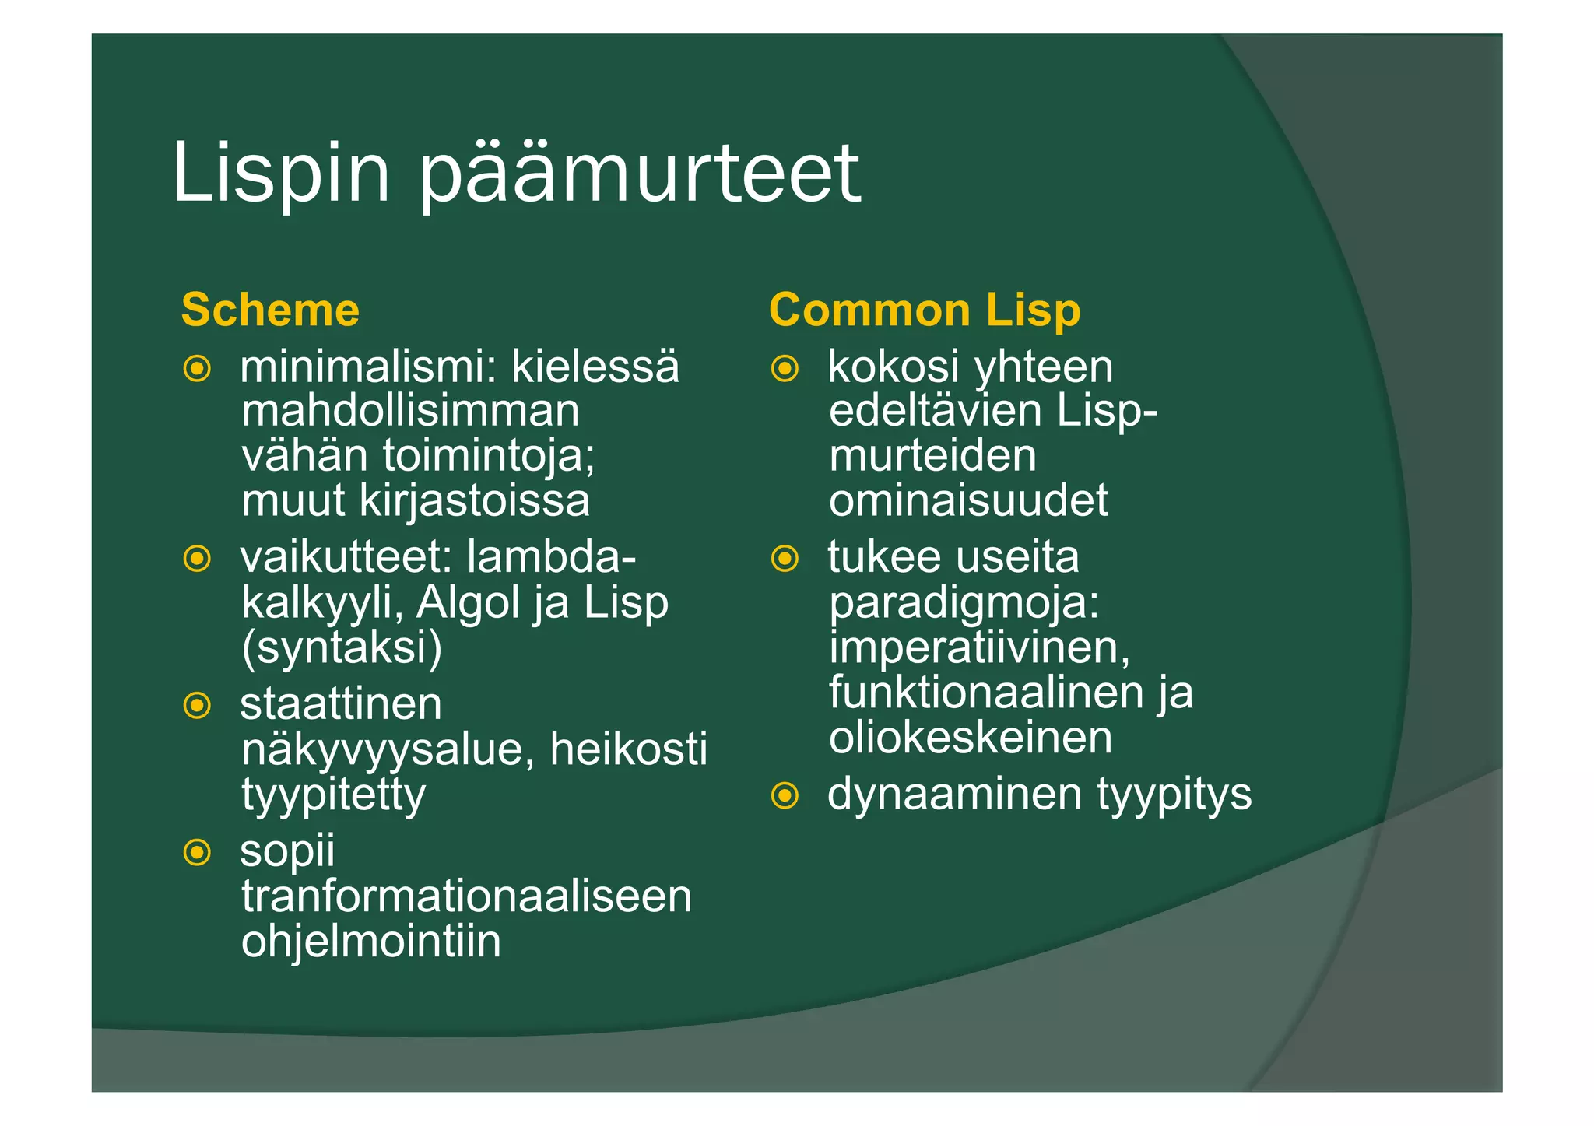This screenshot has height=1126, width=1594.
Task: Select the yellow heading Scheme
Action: tap(270, 310)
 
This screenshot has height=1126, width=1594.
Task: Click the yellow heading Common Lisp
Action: tap(925, 310)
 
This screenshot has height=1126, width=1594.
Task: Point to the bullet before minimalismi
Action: tap(197, 368)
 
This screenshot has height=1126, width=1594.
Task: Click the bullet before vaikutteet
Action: tap(197, 558)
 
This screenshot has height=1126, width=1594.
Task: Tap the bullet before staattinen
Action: tap(197, 706)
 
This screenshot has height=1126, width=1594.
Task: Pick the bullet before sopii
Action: tap(197, 852)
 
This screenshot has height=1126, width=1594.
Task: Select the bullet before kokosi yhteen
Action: tap(785, 368)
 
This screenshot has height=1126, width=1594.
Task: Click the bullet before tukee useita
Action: tap(785, 558)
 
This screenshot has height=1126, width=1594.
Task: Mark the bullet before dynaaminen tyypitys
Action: tap(785, 795)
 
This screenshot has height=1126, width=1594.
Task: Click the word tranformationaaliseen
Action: tap(466, 896)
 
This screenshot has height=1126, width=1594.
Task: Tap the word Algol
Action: tap(468, 602)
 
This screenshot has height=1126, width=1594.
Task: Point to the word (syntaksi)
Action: tap(342, 647)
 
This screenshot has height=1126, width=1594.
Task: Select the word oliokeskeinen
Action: tap(971, 738)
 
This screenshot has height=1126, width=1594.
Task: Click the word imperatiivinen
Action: tap(979, 647)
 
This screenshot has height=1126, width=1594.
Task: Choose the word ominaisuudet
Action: tap(968, 500)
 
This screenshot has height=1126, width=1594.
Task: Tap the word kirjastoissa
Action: tap(474, 500)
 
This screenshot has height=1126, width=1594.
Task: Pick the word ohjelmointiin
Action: tap(370, 942)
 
